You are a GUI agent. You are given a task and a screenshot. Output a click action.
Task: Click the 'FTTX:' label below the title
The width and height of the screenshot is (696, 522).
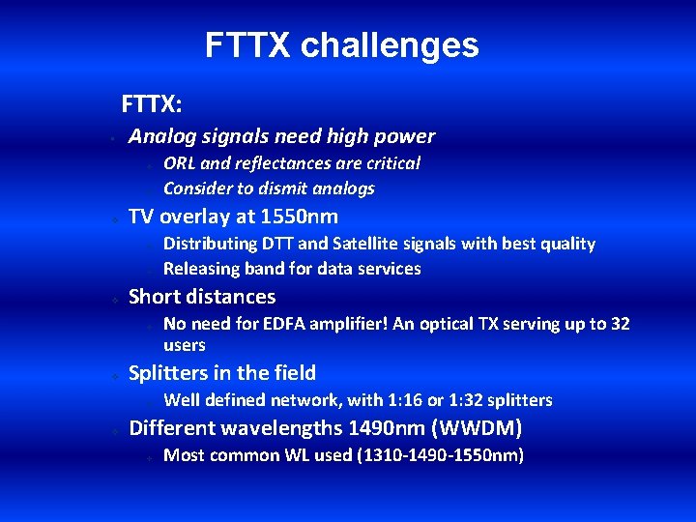point(153,102)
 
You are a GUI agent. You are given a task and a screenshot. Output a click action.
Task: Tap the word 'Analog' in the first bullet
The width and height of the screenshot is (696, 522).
point(160,136)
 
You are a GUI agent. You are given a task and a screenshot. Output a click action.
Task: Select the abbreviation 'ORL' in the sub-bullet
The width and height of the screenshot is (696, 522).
point(180,163)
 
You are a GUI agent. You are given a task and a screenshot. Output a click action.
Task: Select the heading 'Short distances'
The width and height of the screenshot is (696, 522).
point(202,297)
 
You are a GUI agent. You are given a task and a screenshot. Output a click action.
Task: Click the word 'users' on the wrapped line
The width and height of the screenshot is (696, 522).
point(185,345)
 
